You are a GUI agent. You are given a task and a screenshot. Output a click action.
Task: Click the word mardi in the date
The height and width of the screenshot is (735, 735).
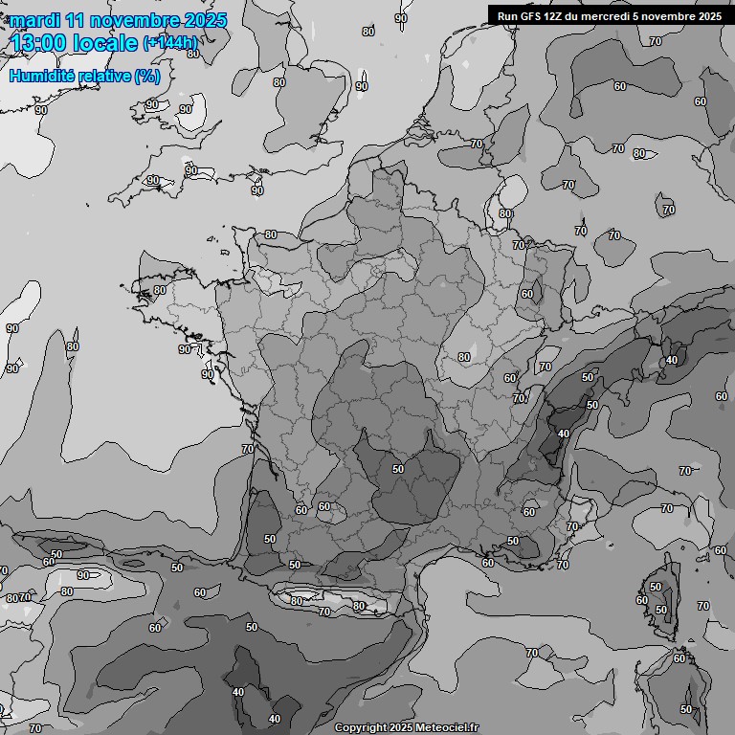[35, 20]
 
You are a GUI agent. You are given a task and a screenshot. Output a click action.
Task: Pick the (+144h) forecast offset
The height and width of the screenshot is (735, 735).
[170, 43]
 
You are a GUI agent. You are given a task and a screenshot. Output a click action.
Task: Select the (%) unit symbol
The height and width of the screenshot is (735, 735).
[147, 76]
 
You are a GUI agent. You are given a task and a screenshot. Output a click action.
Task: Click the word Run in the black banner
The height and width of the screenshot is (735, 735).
[508, 15]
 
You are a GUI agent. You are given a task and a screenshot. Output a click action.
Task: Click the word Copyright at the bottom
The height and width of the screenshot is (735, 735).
[360, 728]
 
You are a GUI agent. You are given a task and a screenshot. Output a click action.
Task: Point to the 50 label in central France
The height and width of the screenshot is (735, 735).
[398, 469]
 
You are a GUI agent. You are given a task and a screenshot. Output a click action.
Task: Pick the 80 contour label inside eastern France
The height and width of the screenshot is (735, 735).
[463, 357]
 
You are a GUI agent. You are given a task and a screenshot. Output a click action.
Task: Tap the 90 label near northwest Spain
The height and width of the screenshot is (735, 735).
[83, 575]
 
